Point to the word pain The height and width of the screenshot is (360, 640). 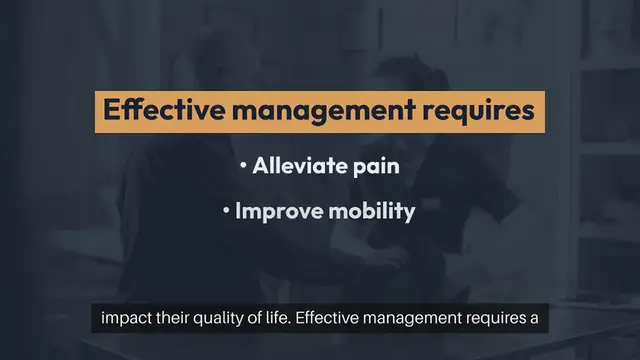click(374, 167)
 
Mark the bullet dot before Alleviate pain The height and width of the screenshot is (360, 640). click(244, 166)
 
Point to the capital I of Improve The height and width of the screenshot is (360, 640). click(238, 213)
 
